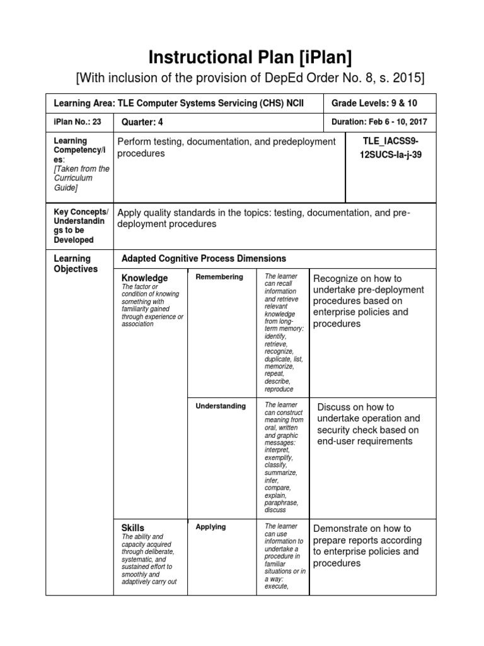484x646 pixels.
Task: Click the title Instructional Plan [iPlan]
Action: coord(250,57)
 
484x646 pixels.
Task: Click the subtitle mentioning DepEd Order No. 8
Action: coord(250,78)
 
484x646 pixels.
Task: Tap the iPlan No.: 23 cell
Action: coord(78,122)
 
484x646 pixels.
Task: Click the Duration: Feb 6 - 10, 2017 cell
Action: coord(379,122)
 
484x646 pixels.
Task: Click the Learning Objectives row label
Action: coord(76,264)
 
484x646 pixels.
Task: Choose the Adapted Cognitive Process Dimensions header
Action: coord(204,259)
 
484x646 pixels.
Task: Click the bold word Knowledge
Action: coord(144,278)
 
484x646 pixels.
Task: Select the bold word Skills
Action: coord(132,527)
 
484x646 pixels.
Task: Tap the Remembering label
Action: coord(219,277)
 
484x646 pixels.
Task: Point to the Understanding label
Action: coord(221,406)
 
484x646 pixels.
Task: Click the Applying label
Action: coord(210,527)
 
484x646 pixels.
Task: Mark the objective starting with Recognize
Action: coord(369,301)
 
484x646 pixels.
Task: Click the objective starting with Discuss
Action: coord(368,424)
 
